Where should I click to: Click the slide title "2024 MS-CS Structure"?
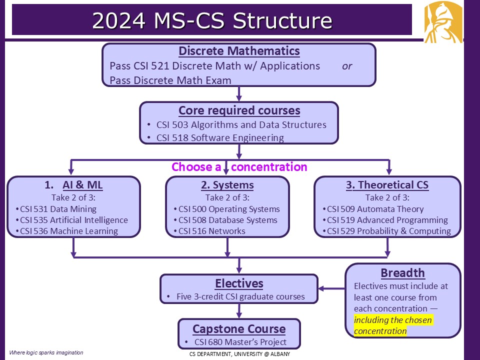pos(212,21)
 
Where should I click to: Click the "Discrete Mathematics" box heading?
pos(239,51)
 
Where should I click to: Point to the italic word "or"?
pos(347,66)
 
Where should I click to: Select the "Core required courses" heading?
pos(239,110)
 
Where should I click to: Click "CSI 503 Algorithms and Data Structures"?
pos(241,125)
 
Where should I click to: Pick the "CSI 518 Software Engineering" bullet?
pos(220,137)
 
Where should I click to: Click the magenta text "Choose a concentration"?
pos(239,166)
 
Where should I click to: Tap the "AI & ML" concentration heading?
pos(83,185)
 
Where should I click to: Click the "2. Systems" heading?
pos(227,185)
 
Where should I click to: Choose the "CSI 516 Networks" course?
pos(212,231)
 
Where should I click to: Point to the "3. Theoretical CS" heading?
pos(387,185)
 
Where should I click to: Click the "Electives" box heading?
pos(239,283)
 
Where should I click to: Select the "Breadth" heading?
pos(402,273)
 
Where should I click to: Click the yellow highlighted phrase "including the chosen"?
pos(392,320)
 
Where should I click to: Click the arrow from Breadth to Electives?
pos(332,288)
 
